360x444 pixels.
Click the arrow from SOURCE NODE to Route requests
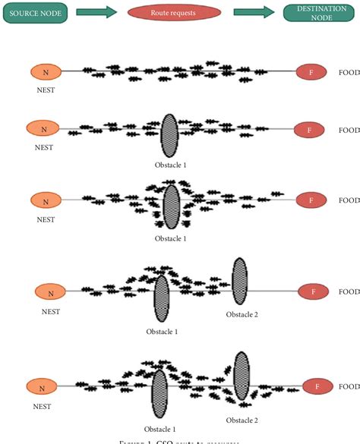[96, 12]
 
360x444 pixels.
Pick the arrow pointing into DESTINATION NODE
[254, 12]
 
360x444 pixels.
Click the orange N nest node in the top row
[46, 72]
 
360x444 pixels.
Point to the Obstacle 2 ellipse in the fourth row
[240, 280]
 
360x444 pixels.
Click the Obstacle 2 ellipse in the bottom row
[242, 376]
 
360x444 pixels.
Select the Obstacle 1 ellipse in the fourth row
[161, 298]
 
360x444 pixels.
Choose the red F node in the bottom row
[318, 386]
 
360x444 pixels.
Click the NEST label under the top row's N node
[44, 90]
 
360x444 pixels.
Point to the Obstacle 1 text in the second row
[170, 164]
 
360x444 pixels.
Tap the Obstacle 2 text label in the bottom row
[242, 420]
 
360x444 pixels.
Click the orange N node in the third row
[46, 201]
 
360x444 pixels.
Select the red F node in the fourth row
[312, 291]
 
